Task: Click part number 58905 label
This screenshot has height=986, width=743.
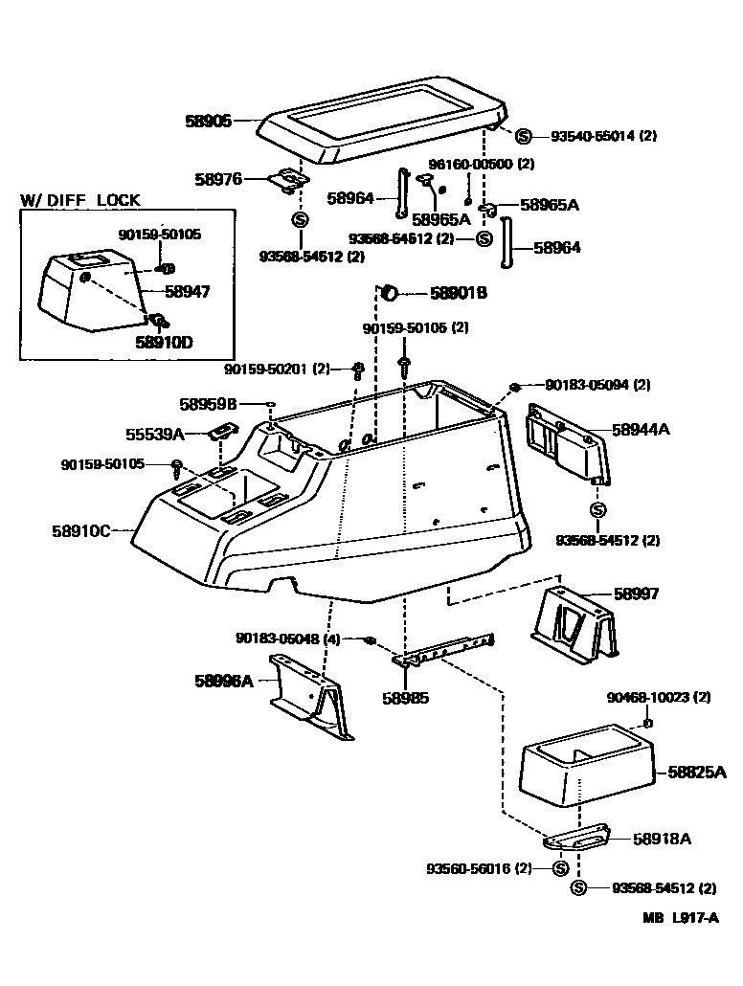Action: click(x=208, y=122)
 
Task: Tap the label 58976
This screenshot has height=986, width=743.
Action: click(x=218, y=178)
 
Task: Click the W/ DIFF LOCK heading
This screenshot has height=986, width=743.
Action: click(x=80, y=200)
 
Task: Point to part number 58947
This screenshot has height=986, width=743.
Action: click(x=187, y=292)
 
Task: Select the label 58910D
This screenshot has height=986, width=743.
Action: click(x=164, y=341)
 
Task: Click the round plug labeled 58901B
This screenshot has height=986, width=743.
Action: click(x=390, y=292)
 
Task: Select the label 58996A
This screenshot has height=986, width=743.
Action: click(x=224, y=681)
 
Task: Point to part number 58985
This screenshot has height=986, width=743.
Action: click(x=405, y=698)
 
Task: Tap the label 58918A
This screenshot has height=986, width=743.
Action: click(x=662, y=839)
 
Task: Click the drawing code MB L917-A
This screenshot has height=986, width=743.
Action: click(x=681, y=916)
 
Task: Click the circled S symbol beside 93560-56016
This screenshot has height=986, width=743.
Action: click(x=560, y=868)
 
